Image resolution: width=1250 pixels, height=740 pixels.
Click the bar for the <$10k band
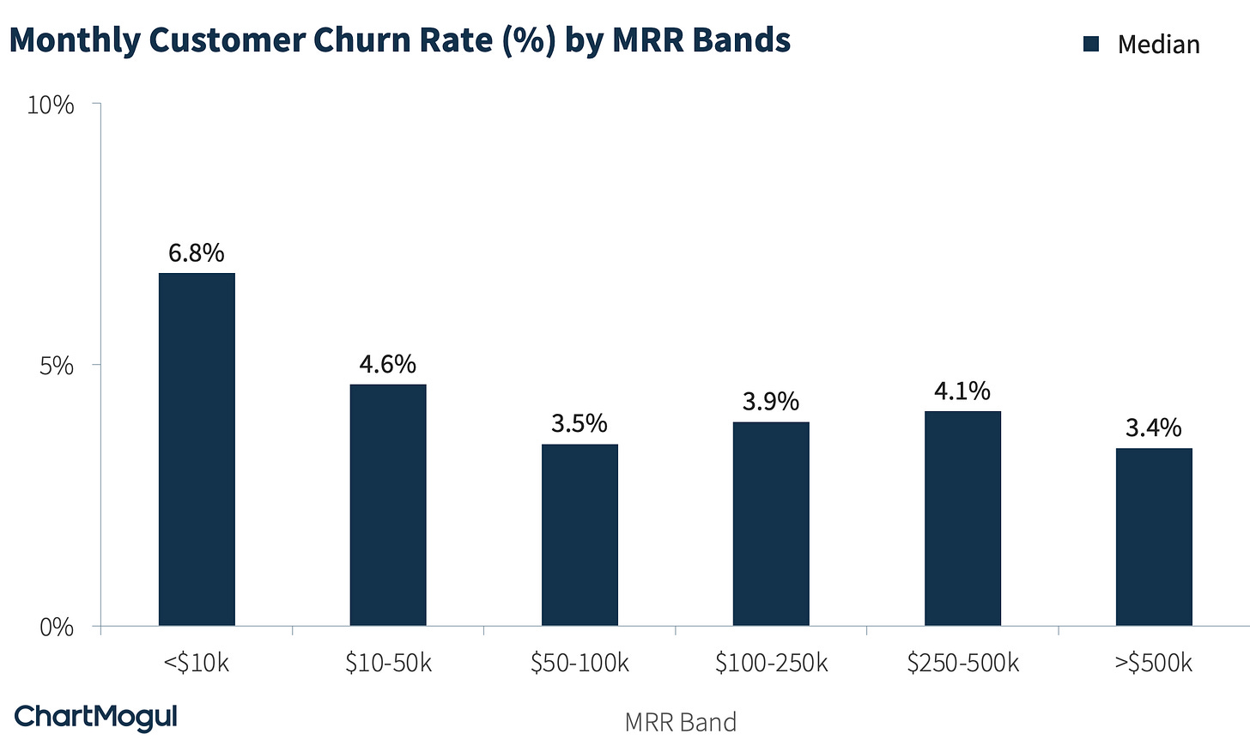click(x=197, y=449)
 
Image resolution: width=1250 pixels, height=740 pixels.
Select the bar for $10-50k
click(x=388, y=505)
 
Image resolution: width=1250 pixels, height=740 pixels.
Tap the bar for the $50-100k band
click(x=579, y=535)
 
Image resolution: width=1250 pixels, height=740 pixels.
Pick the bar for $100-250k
click(x=771, y=524)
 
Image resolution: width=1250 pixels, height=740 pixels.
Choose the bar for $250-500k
click(x=962, y=519)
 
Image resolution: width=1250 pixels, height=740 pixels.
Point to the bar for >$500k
click(x=1154, y=537)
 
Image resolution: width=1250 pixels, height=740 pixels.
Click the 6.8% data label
click(x=197, y=253)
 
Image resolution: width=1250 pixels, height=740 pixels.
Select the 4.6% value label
click(x=388, y=364)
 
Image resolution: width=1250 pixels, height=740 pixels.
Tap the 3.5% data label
click(x=579, y=424)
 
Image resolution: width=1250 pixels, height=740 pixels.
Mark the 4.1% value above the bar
click(x=962, y=391)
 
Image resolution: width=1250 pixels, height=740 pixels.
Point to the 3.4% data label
click(x=1154, y=428)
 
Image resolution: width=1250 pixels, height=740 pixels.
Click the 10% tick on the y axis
click(x=51, y=106)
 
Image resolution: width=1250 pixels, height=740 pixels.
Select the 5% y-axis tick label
click(x=58, y=366)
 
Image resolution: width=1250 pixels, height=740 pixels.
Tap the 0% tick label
click(x=58, y=628)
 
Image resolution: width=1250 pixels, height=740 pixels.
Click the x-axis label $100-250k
click(x=771, y=664)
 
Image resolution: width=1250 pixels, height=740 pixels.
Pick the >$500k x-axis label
click(x=1154, y=664)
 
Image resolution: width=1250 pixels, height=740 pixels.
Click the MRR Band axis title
click(x=680, y=722)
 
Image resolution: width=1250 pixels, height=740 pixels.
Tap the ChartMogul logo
click(x=96, y=717)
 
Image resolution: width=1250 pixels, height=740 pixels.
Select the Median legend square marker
click(x=1091, y=45)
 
